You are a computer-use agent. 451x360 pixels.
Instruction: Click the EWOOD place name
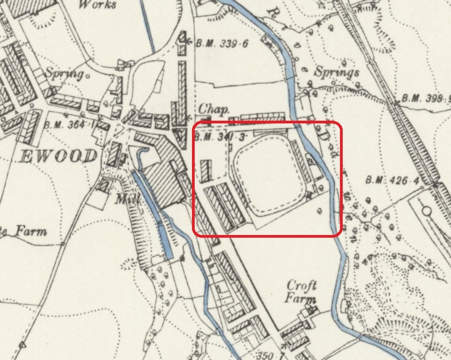pyautogui.click(x=60, y=157)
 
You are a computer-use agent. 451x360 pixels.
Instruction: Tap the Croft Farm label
pyautogui.click(x=302, y=291)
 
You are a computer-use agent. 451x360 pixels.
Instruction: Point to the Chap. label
pyautogui.click(x=214, y=109)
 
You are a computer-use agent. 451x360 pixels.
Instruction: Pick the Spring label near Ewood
pyautogui.click(x=65, y=73)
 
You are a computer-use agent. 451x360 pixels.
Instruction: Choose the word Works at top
pyautogui.click(x=97, y=5)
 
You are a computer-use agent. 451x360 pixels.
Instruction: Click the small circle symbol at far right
pyautogui.click(x=427, y=211)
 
